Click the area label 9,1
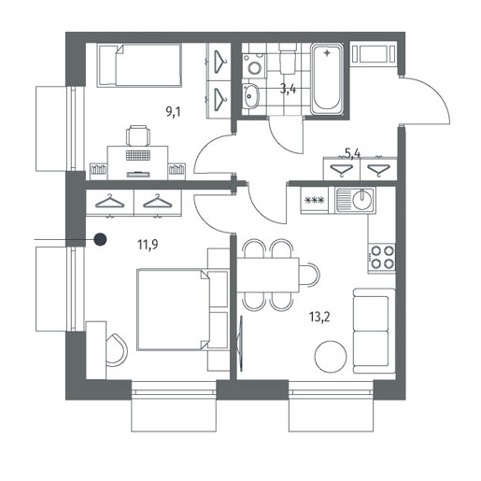pyautogui.click(x=173, y=111)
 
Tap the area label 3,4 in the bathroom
pyautogui.click(x=288, y=89)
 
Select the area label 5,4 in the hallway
pyautogui.click(x=353, y=153)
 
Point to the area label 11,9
pyautogui.click(x=148, y=245)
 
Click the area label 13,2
pyautogui.click(x=319, y=318)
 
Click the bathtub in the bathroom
pyautogui.click(x=327, y=79)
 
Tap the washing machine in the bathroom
pyautogui.click(x=255, y=65)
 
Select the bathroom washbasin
pyautogui.click(x=251, y=96)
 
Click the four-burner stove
pyautogui.click(x=382, y=258)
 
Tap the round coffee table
pyautogui.click(x=331, y=357)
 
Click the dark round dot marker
pyautogui.click(x=100, y=239)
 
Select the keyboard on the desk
pyautogui.click(x=138, y=155)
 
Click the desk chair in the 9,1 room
pyautogui.click(x=137, y=135)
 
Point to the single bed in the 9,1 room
pyautogui.click(x=139, y=65)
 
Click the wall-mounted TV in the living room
pyautogui.click(x=241, y=343)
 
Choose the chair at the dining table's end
pyautogui.click(x=310, y=275)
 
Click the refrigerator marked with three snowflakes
pyautogui.click(x=315, y=200)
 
